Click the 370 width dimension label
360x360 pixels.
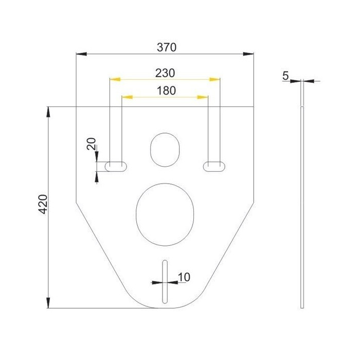tap(167, 47)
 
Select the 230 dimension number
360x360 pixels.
tap(165, 73)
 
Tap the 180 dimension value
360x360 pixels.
tap(166, 91)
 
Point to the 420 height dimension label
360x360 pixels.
tap(43, 204)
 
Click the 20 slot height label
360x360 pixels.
tap(91, 143)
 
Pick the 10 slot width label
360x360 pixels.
tap(184, 277)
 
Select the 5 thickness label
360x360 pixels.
tap(285, 76)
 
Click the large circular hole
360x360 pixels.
tap(165, 214)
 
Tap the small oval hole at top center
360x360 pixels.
tap(165, 150)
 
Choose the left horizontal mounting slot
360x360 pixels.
tap(116, 167)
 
